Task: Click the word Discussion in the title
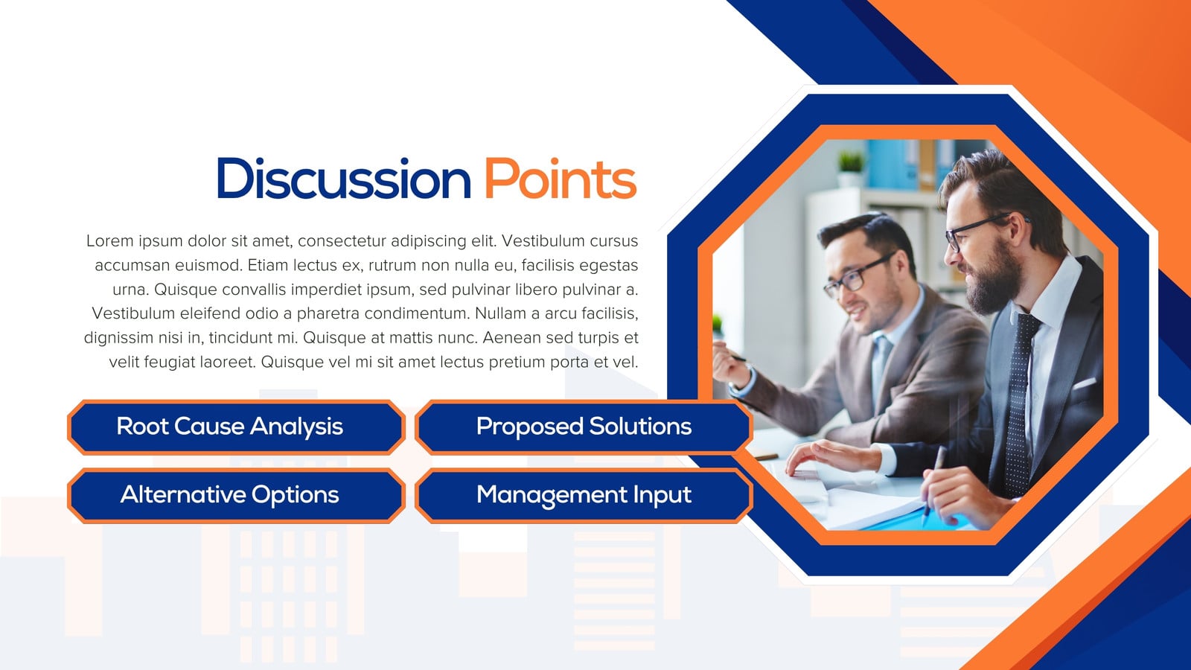point(344,178)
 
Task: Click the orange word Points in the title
point(561,178)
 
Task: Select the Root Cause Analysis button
point(236,427)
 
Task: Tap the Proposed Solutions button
point(584,427)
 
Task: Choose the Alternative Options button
point(236,495)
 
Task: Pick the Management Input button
point(584,495)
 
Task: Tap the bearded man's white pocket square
point(1084,383)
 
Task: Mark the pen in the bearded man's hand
point(933,485)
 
